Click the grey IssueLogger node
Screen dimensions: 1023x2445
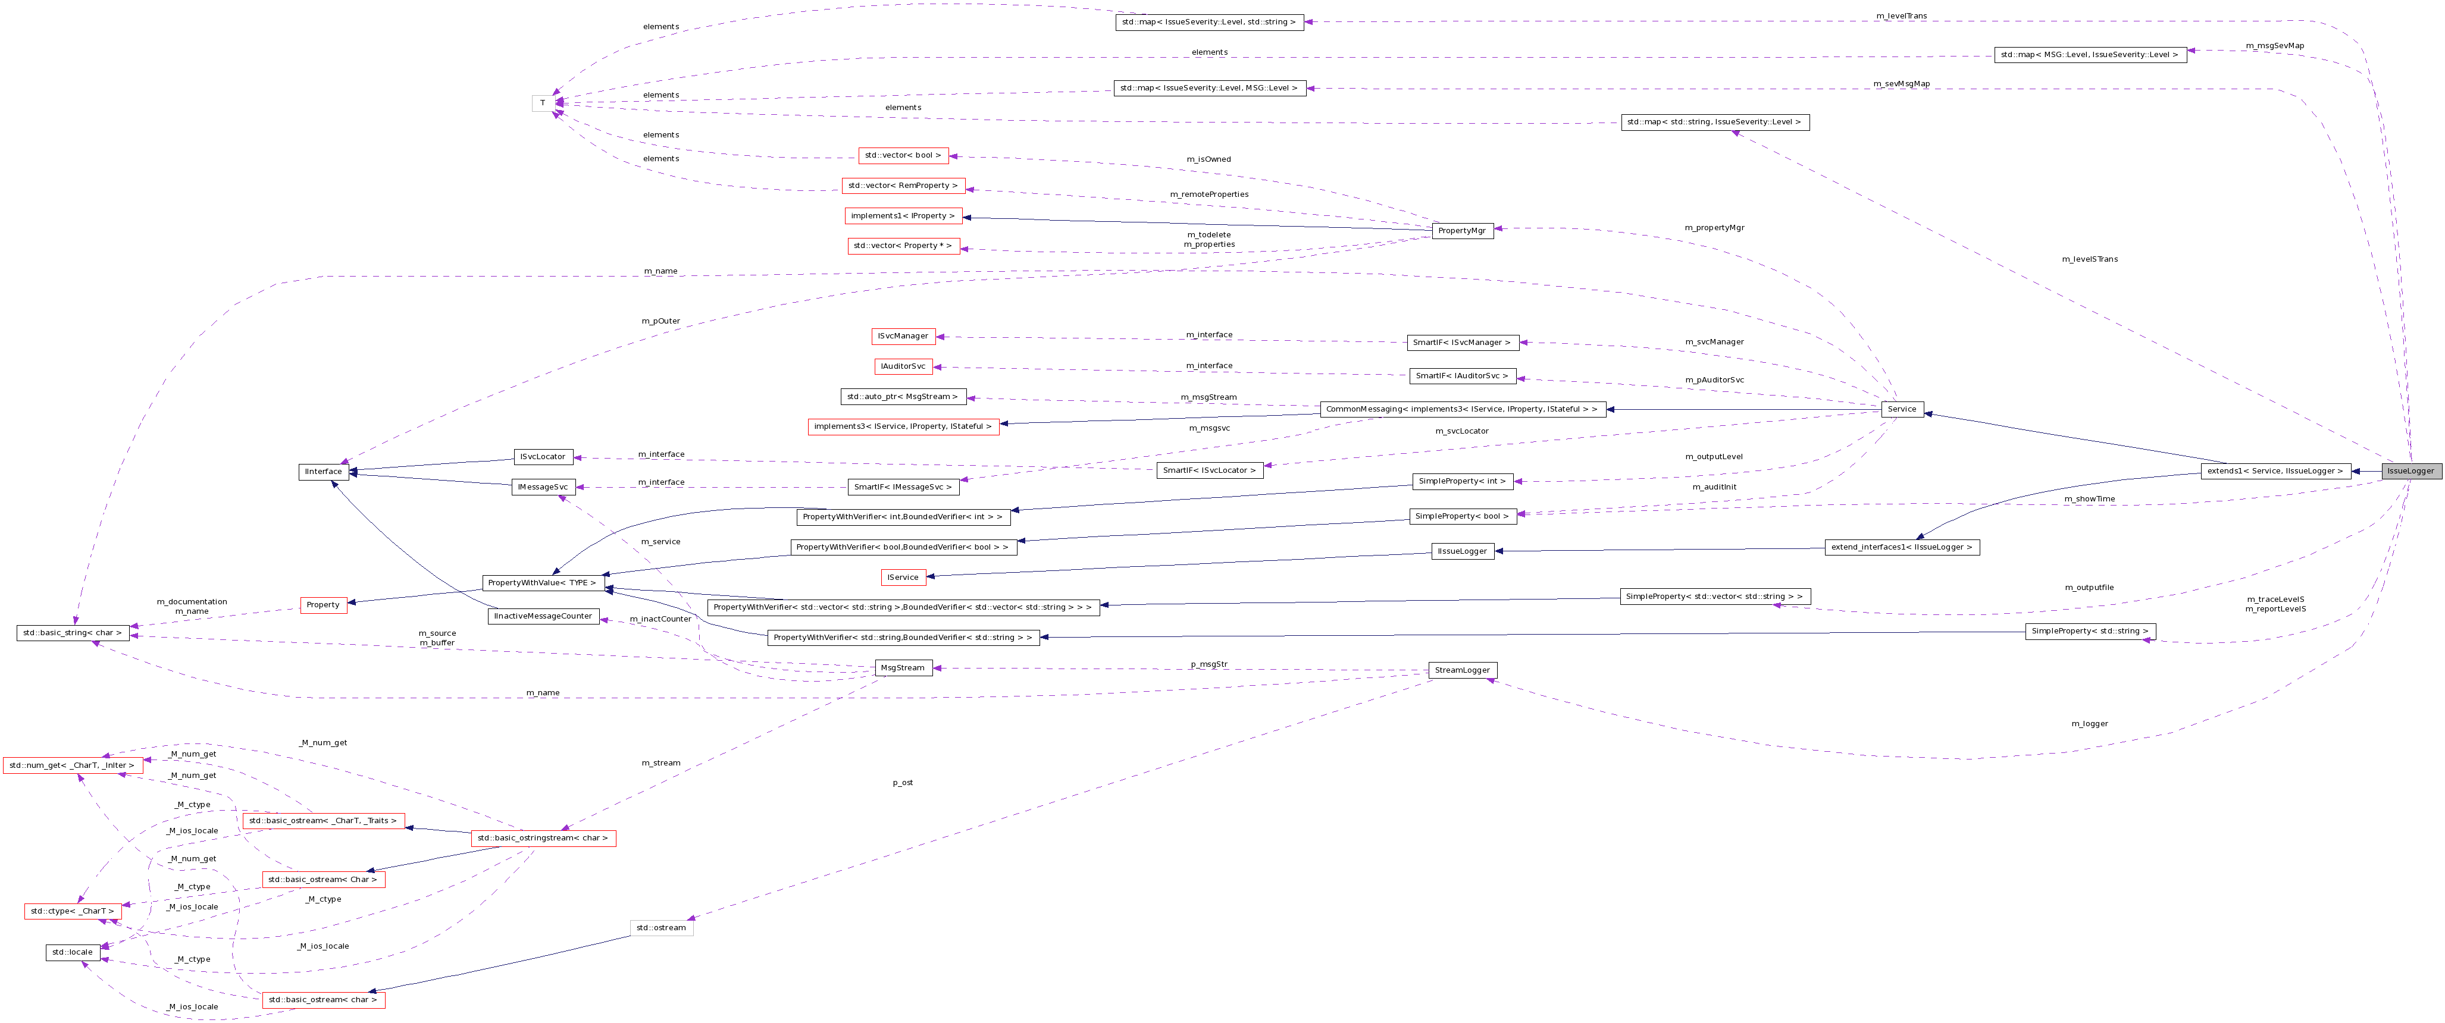tap(2410, 470)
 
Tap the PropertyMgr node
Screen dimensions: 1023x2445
tap(1461, 231)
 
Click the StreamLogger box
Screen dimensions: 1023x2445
tap(1461, 670)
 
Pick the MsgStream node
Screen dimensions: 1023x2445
tap(901, 667)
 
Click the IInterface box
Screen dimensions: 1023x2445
tap(323, 472)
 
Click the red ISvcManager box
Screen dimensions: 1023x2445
tap(903, 336)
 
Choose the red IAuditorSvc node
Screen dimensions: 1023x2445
tap(903, 366)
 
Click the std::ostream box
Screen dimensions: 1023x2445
tap(660, 927)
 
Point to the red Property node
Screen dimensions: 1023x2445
tap(323, 604)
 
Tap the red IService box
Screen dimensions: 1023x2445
tap(903, 577)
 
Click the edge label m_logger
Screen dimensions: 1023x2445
tap(2089, 723)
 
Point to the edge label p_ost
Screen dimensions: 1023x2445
tap(903, 783)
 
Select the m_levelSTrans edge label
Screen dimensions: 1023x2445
tap(2090, 259)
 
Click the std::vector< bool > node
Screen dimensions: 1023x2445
tap(903, 155)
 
